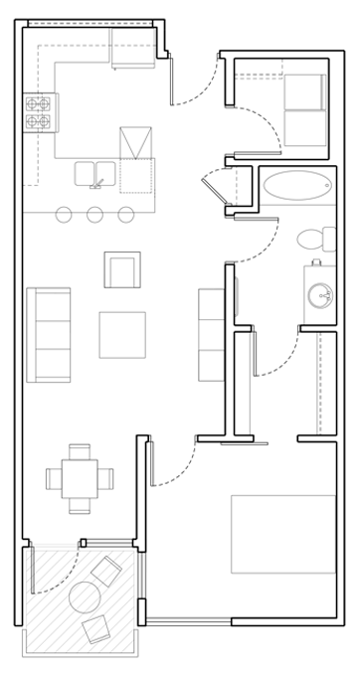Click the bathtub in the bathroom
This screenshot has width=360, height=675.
[x=298, y=186]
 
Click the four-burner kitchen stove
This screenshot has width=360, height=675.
[x=39, y=112]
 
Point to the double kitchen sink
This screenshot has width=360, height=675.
[x=95, y=174]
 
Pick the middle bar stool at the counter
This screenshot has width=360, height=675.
[x=95, y=214]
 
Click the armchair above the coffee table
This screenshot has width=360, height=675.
[x=122, y=269]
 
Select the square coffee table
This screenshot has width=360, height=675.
[x=122, y=335]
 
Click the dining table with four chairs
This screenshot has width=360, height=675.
[x=80, y=478]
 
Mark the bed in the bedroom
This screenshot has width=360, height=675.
[x=283, y=534]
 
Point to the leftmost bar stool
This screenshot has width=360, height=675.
[x=65, y=214]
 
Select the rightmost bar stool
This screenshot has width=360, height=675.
[x=125, y=214]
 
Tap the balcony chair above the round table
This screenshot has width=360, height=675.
[x=106, y=572]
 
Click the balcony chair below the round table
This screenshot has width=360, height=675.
[x=96, y=629]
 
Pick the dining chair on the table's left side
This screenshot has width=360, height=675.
[x=54, y=478]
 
